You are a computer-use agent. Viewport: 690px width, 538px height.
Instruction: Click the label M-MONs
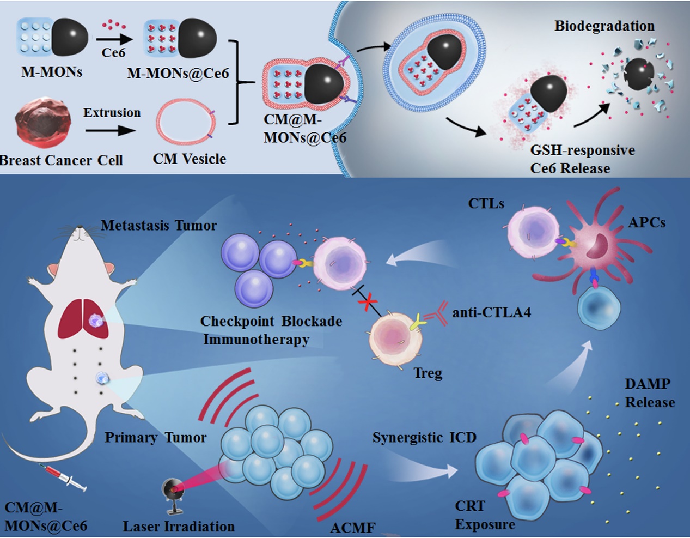pos(52,72)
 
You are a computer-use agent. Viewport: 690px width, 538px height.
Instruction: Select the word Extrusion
pos(112,113)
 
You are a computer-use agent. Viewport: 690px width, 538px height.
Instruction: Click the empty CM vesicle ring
pos(183,124)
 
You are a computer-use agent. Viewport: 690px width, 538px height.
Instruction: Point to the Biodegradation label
pos(604,26)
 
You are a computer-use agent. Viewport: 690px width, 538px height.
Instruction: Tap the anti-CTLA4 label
pos(491,313)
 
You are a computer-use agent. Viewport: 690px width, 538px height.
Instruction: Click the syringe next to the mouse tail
pos(63,476)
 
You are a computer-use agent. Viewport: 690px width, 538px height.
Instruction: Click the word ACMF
pos(352,528)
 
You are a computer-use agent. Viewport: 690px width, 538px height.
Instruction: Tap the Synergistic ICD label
pos(424,438)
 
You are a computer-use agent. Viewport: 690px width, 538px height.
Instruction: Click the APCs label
pos(646,222)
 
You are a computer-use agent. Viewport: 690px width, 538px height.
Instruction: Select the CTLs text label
pos(486,204)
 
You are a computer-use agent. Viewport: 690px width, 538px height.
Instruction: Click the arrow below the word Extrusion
pos(110,131)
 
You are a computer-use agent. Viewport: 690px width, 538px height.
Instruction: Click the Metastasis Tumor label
pos(158,225)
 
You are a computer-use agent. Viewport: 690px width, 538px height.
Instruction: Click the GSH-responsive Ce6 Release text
pos(582,159)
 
